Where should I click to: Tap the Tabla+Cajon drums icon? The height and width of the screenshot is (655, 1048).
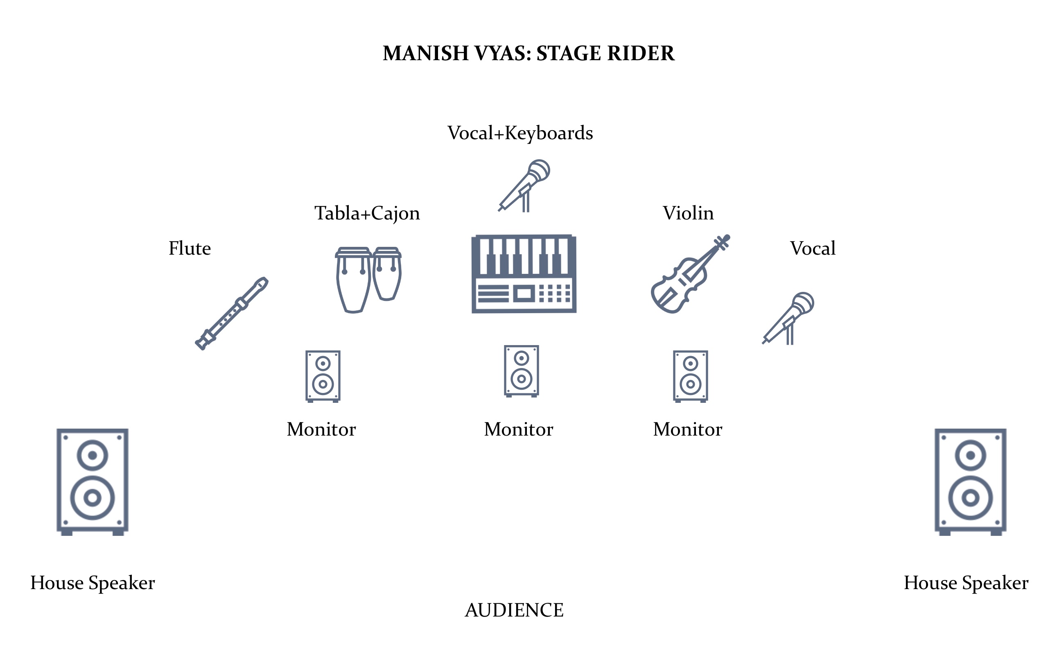click(x=368, y=280)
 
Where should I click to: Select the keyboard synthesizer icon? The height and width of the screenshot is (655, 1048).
click(x=524, y=274)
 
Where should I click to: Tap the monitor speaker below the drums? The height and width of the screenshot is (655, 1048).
click(x=323, y=376)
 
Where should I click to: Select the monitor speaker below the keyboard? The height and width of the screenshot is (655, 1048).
click(x=522, y=371)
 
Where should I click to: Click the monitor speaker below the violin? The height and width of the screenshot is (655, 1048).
click(x=690, y=376)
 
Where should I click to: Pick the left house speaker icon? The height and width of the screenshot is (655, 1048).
click(x=92, y=481)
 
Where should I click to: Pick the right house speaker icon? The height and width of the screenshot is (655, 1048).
click(x=971, y=481)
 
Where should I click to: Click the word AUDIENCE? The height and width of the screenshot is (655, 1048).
click(x=514, y=610)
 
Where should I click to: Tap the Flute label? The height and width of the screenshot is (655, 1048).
click(x=190, y=248)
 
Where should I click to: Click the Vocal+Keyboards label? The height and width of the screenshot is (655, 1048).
click(x=520, y=133)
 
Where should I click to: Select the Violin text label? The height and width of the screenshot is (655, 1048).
click(x=688, y=213)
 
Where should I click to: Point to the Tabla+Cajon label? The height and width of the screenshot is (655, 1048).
click(x=367, y=213)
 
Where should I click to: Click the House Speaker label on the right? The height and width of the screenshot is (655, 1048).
click(x=966, y=583)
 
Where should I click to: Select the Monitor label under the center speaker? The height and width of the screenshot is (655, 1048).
click(x=518, y=429)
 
